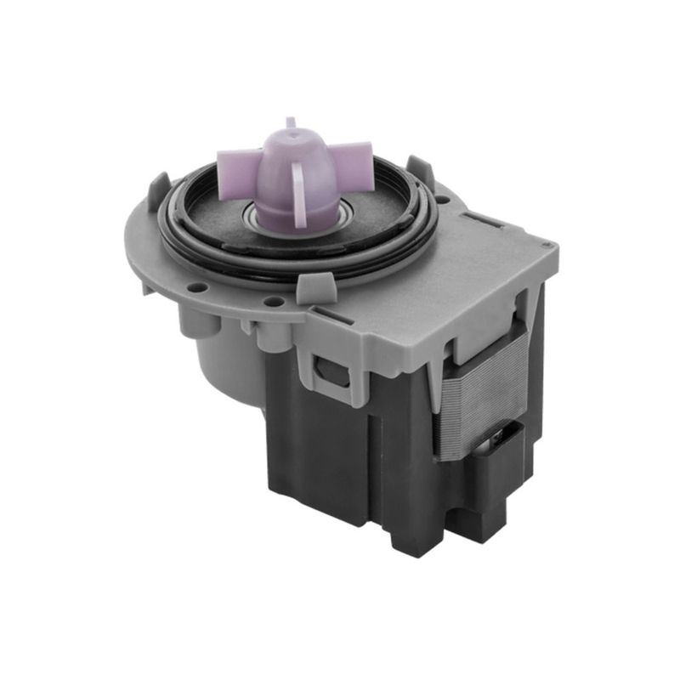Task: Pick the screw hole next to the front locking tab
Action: click(x=274, y=301)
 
